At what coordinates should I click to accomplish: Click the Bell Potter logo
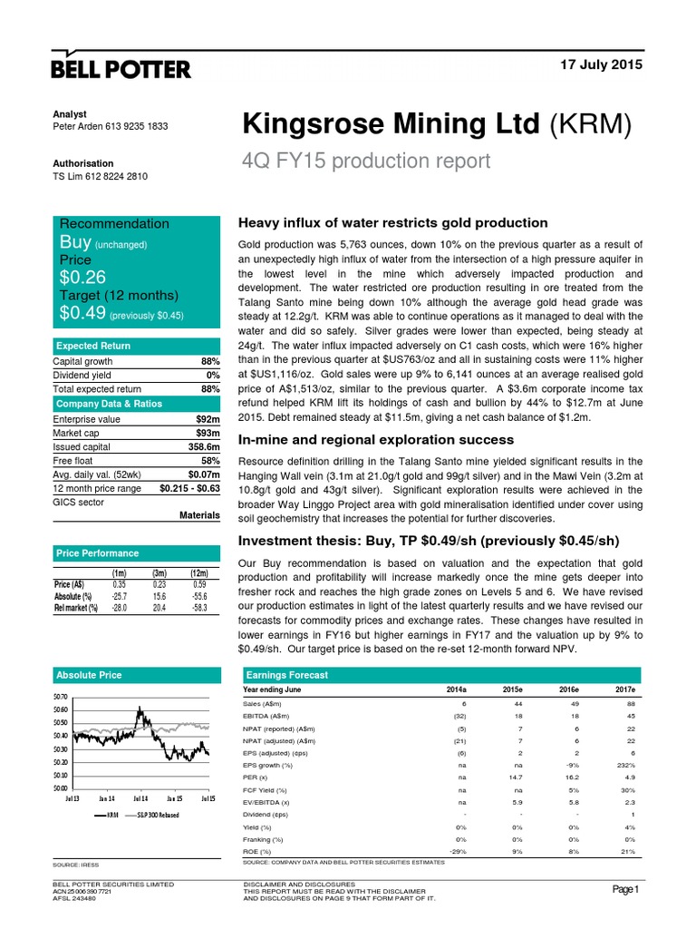click(x=121, y=69)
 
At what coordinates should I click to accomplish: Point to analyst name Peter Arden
click(x=81, y=127)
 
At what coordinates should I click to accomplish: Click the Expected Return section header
click(x=93, y=346)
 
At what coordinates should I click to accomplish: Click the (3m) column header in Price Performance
click(x=161, y=573)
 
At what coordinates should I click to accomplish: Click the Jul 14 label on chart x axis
click(x=140, y=798)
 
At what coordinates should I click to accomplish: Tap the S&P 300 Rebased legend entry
click(x=156, y=816)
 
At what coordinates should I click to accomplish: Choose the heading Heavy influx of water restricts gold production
click(x=391, y=223)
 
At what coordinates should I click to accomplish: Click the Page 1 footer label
click(x=624, y=890)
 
